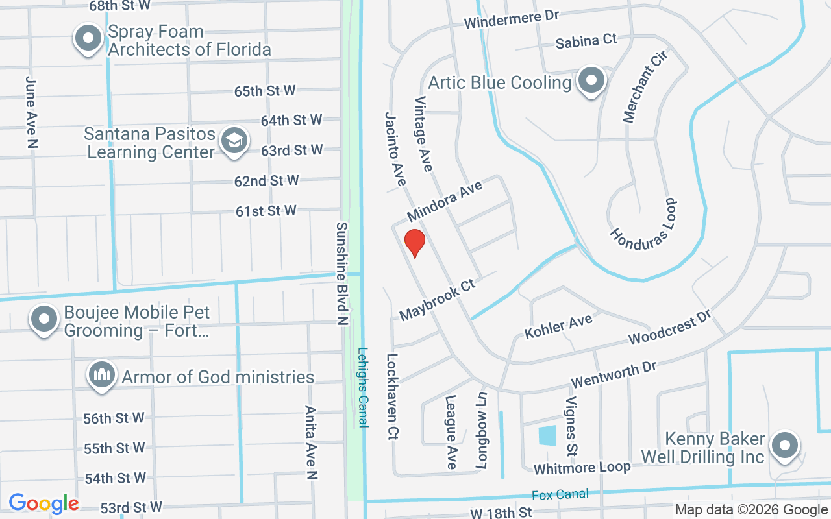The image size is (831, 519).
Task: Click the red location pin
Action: pos(414,243)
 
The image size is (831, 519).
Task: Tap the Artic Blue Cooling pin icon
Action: pos(591,82)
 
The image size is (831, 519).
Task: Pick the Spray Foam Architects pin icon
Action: pos(88,39)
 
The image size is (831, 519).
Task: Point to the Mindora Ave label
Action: pos(445,201)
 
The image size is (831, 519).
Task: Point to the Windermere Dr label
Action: pos(511,19)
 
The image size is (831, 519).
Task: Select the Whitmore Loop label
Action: pos(581,467)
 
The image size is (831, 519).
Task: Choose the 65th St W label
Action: pos(265,90)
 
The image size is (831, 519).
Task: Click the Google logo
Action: pos(44,503)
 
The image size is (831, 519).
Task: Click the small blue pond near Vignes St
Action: pos(547,435)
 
